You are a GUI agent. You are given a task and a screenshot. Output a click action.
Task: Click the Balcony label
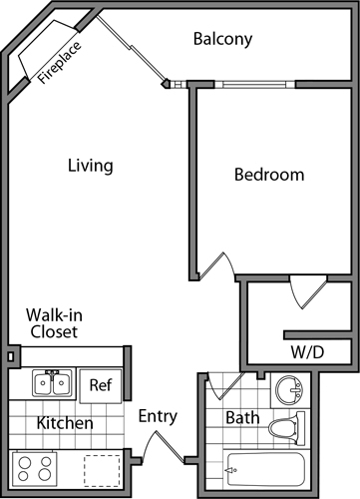pyautogui.click(x=222, y=39)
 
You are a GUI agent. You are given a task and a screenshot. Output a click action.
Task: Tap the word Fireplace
pyautogui.click(x=59, y=62)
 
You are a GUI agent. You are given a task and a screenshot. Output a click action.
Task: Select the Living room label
pyautogui.click(x=91, y=166)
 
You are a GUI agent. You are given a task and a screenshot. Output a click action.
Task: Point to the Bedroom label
pyautogui.click(x=269, y=175)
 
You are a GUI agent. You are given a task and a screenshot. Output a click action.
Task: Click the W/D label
pyautogui.click(x=307, y=352)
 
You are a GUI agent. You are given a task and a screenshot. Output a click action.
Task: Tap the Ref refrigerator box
pyautogui.click(x=101, y=386)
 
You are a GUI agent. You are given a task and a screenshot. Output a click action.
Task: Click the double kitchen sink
pyautogui.click(x=52, y=383)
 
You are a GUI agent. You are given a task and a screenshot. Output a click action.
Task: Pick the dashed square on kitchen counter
pyautogui.click(x=102, y=471)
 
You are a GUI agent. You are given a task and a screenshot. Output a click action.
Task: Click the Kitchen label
pyautogui.click(x=65, y=423)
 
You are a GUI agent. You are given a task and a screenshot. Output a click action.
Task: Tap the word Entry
pyautogui.click(x=158, y=416)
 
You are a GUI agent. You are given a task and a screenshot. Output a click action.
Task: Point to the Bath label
pyautogui.click(x=242, y=418)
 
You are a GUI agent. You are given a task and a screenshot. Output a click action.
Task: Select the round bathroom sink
pyautogui.click(x=289, y=389)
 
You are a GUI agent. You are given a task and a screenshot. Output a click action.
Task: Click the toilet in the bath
pyautogui.click(x=286, y=428)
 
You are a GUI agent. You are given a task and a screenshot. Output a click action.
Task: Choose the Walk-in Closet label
pyautogui.click(x=54, y=323)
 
